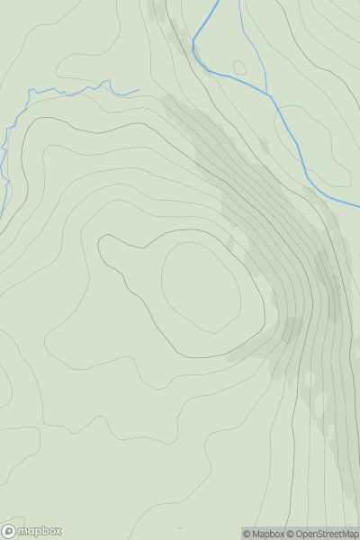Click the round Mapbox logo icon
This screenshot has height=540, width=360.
point(10,531)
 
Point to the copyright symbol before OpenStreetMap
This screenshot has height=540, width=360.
point(291,534)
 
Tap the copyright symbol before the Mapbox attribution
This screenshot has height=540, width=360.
point(247,534)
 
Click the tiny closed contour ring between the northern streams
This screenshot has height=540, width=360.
point(239,67)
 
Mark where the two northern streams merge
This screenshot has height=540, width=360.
point(269,94)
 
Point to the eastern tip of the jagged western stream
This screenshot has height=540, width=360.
point(138,90)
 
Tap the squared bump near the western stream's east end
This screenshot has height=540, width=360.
point(108,83)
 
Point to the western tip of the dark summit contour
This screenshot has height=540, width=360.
point(99,245)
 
